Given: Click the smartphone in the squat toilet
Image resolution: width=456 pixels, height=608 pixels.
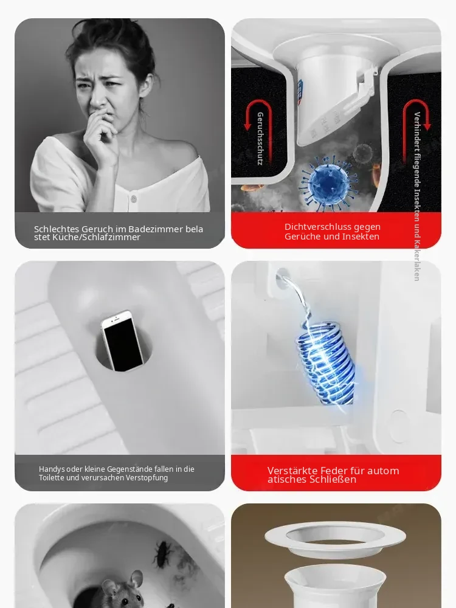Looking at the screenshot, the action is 123,341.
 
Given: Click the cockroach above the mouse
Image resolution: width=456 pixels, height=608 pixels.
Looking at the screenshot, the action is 162,554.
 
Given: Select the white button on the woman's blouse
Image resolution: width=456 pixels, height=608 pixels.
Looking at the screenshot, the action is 133,199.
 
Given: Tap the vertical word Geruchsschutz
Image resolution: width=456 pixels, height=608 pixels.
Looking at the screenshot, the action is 260,139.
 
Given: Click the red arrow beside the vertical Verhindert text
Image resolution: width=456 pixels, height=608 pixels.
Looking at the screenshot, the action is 417,112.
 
